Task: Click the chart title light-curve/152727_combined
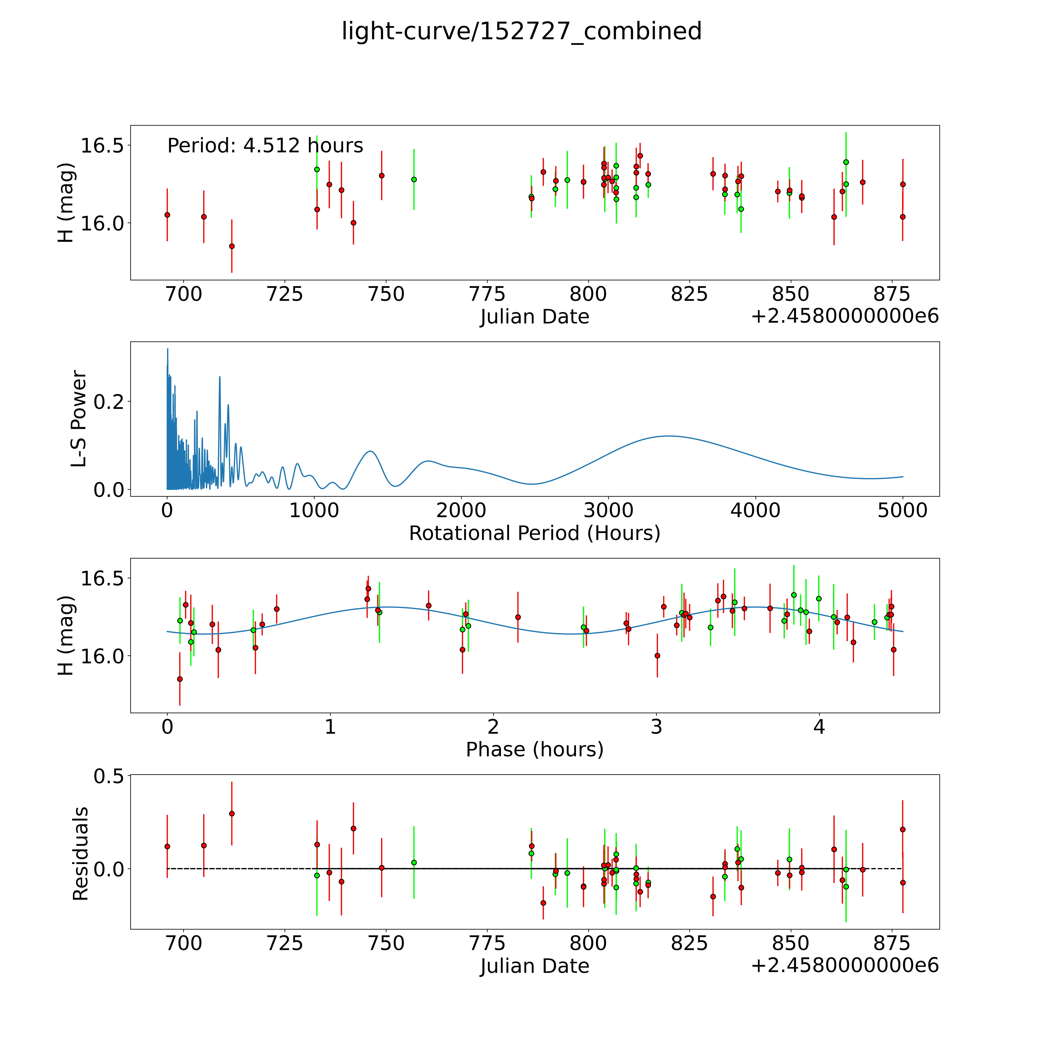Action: [x=521, y=31]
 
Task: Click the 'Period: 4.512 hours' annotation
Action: [x=265, y=146]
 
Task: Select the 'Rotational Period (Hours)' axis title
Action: [x=534, y=533]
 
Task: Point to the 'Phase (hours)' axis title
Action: [x=534, y=750]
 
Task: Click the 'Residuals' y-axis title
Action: [x=80, y=854]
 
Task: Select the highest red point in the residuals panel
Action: [x=232, y=813]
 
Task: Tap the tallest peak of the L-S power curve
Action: [x=167, y=349]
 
